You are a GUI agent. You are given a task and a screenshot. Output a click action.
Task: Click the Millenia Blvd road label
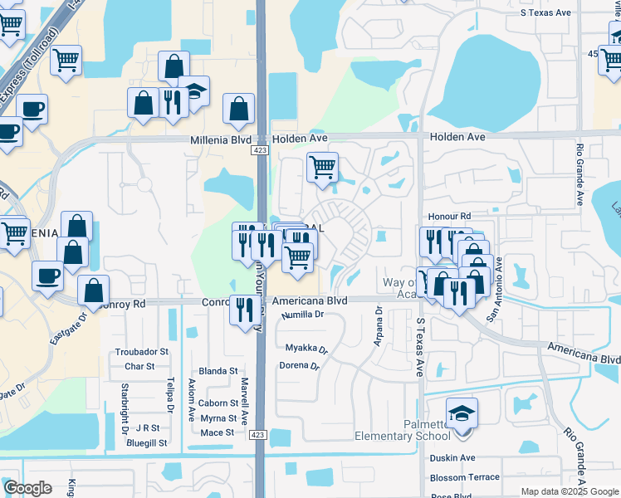(221, 140)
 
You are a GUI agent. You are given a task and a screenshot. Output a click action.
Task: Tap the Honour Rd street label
(450, 215)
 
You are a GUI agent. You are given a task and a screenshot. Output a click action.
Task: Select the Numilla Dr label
(302, 315)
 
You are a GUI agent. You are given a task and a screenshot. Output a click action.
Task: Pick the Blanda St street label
(218, 371)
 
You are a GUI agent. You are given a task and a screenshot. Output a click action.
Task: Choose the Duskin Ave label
(452, 457)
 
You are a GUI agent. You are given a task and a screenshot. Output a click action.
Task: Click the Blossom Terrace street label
(464, 477)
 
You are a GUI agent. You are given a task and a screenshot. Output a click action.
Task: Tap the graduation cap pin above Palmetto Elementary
(462, 413)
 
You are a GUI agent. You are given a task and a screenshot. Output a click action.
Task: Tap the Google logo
(27, 488)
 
